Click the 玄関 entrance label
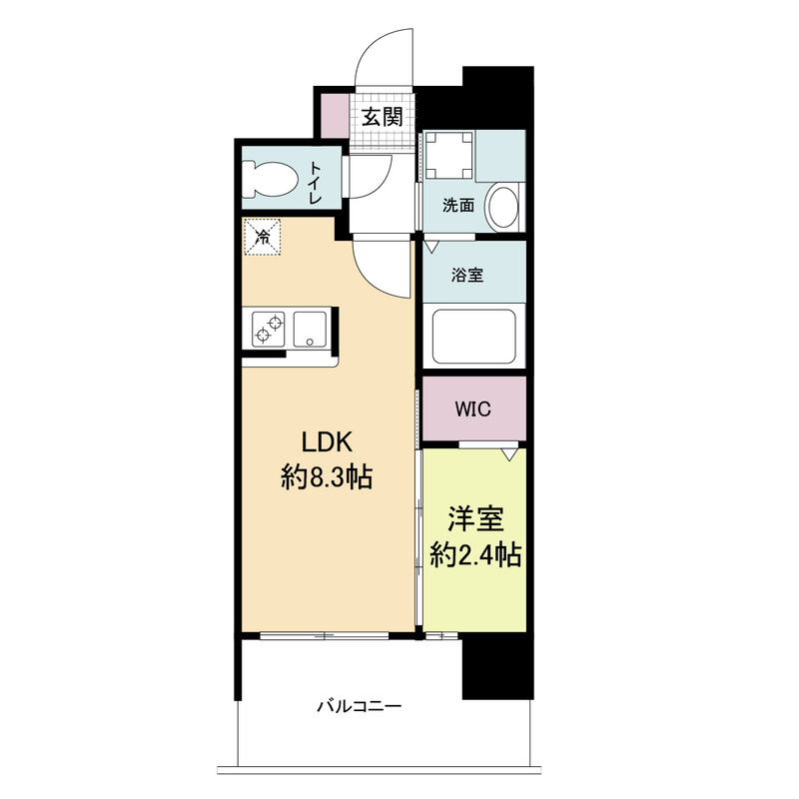coord(383,117)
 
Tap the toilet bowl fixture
coord(269,179)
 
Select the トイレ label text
coord(316,183)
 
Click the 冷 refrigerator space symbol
coord(262,237)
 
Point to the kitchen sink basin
coord(310,330)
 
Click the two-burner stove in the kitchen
coord(269,330)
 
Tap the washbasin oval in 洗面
coord(504,206)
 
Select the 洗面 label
coord(458,206)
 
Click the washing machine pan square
coord(448,155)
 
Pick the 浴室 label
coord(466,276)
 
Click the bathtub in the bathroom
coord(473,337)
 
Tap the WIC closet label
coord(472,408)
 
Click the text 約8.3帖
coord(327,477)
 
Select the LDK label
coord(327,441)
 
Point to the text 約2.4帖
coord(475,555)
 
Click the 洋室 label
coord(475,518)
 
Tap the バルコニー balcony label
coord(360,706)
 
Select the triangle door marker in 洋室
coord(509,454)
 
